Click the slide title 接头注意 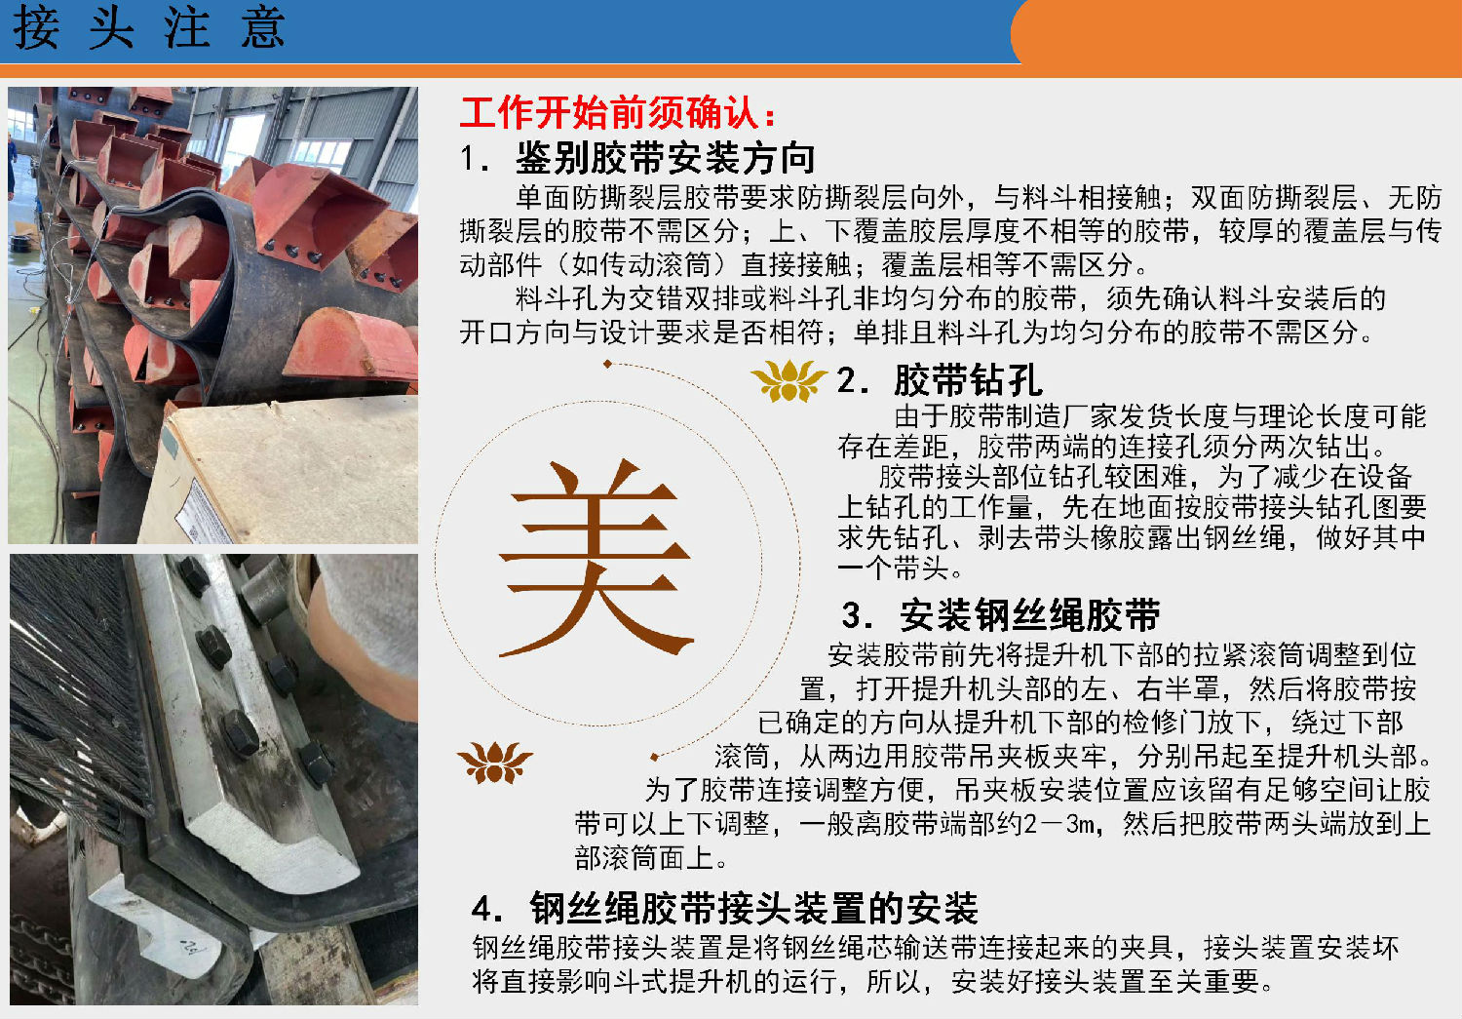tap(149, 27)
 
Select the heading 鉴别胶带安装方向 tap(666, 158)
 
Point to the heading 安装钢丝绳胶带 tap(1030, 615)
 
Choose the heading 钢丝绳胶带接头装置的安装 tap(753, 908)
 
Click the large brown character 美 tap(596, 558)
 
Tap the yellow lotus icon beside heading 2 tap(789, 380)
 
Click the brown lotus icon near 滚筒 tap(495, 762)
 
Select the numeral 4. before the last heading tap(487, 909)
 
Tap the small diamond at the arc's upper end tap(607, 364)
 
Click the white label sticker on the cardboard tap(203, 512)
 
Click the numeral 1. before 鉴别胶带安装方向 tap(475, 159)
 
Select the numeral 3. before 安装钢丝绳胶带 tap(857, 615)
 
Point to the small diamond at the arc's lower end tap(654, 757)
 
